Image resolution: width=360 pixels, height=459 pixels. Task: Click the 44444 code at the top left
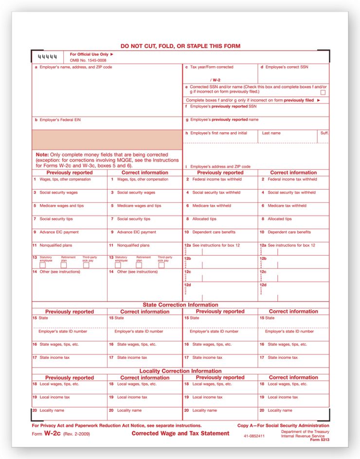(47, 57)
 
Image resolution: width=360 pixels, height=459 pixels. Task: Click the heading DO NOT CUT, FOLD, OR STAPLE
(180, 46)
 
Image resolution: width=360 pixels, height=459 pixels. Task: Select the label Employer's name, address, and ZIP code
(73, 67)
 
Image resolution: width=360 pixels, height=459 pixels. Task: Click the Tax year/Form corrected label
(209, 67)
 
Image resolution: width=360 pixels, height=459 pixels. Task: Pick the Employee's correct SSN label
(284, 67)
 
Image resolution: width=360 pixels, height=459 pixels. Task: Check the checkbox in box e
(323, 92)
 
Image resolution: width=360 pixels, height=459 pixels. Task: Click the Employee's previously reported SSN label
(221, 106)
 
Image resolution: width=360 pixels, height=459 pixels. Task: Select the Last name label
(271, 133)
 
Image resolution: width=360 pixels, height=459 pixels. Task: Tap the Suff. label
(324, 133)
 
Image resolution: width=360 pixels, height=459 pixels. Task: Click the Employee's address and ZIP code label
(218, 166)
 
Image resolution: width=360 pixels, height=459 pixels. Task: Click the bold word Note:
(42, 155)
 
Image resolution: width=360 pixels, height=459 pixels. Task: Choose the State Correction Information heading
(180, 305)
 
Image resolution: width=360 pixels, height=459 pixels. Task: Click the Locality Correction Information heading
(180, 371)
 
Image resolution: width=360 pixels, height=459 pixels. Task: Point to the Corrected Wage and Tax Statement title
(180, 433)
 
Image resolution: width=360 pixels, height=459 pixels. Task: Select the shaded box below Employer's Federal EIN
(107, 140)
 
